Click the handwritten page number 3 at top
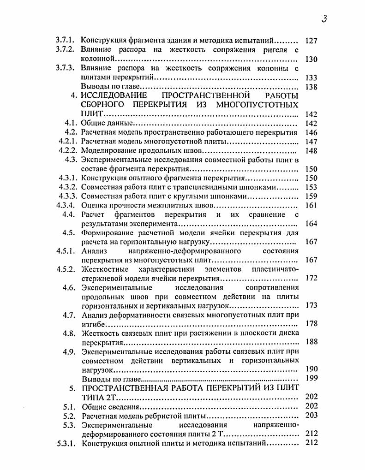click(324, 19)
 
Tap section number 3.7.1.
click(65, 41)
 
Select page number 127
click(311, 41)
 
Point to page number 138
click(311, 87)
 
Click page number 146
click(311, 132)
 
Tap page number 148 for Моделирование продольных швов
click(311, 150)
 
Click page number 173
click(311, 305)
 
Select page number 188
click(311, 342)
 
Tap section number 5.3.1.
click(65, 443)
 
